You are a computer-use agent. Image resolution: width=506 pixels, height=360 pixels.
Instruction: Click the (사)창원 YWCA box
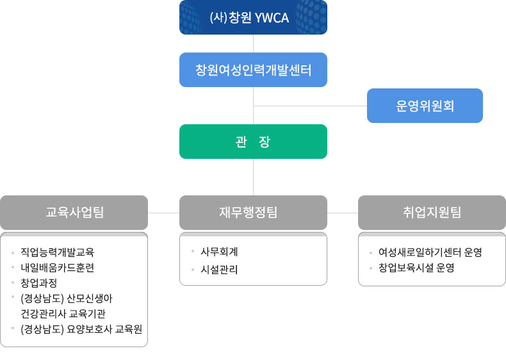point(254,17)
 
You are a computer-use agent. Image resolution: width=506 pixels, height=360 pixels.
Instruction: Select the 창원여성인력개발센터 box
point(254,70)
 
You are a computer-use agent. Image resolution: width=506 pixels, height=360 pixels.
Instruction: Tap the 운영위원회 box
point(425,106)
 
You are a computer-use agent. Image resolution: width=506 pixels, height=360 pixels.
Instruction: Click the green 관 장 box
point(254,142)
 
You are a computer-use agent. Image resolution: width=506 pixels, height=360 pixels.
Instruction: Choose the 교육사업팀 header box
point(74,213)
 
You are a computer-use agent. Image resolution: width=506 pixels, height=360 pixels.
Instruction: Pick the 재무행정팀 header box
point(254,213)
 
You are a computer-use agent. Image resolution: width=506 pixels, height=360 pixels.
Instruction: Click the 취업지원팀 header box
point(432,213)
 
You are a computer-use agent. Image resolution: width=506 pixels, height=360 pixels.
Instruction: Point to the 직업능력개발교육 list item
point(58,252)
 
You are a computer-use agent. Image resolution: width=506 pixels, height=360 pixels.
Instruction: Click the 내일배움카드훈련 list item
point(58,268)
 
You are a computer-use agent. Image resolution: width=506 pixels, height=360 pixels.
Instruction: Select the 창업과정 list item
point(38,283)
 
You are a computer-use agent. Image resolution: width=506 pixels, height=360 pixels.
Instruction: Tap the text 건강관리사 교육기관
point(63,313)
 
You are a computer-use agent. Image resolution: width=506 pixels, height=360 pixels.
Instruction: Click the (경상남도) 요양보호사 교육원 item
point(81,329)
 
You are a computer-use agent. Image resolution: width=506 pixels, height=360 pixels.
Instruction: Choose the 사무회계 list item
point(219,252)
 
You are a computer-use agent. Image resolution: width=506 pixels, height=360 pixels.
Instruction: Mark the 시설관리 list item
point(219,270)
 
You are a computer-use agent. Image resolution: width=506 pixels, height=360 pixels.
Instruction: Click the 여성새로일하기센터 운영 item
point(430,252)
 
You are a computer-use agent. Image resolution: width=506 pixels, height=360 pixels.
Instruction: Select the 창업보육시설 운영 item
point(416,268)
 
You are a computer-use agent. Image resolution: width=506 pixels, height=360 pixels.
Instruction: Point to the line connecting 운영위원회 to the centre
point(310,106)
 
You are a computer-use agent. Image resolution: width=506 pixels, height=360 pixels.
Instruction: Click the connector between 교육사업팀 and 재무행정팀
point(163,213)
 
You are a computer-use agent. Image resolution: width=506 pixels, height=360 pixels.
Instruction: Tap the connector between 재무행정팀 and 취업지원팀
point(343,213)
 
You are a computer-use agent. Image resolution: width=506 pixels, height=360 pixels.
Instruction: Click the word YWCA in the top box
point(272,18)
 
